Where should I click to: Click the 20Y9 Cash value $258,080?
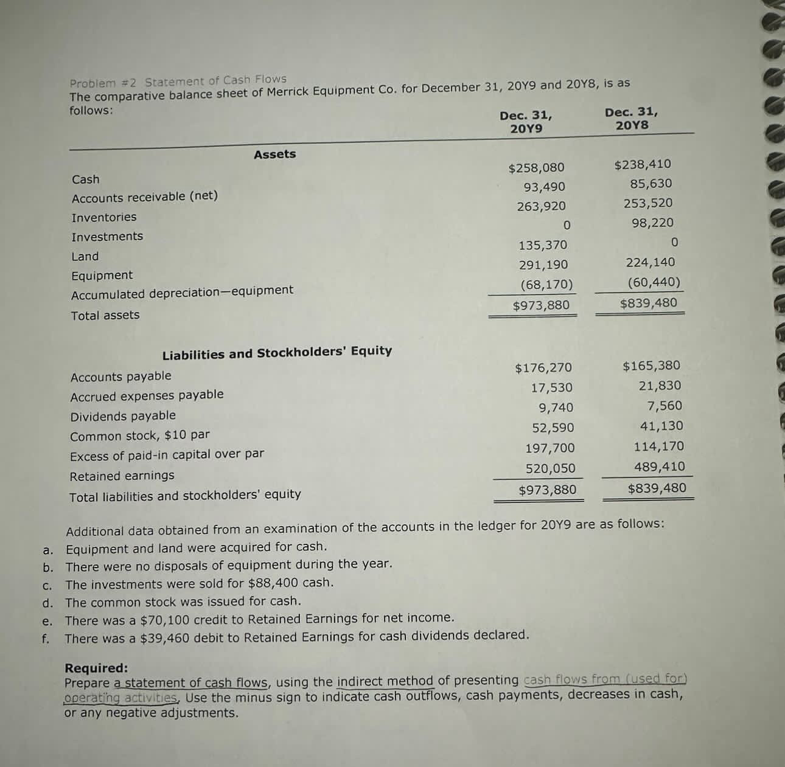pyautogui.click(x=536, y=167)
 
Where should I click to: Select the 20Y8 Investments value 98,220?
pyautogui.click(x=652, y=223)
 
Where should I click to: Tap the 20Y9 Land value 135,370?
pyautogui.click(x=542, y=245)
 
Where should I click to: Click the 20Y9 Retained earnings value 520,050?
pyautogui.click(x=550, y=468)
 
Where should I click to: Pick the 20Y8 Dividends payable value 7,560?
pyautogui.click(x=664, y=406)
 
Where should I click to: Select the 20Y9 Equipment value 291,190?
pyautogui.click(x=543, y=265)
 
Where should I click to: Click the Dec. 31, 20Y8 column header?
pyautogui.click(x=631, y=119)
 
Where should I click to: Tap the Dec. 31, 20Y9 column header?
pyautogui.click(x=526, y=122)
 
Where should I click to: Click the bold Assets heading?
pyautogui.click(x=274, y=154)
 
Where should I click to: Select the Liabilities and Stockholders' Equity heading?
pyautogui.click(x=277, y=352)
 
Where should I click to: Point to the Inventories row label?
pyautogui.click(x=104, y=217)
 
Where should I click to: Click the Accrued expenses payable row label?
pyautogui.click(x=147, y=395)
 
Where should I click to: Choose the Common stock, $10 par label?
pyautogui.click(x=139, y=436)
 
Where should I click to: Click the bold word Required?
pyautogui.click(x=96, y=667)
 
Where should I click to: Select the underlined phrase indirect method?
pyautogui.click(x=385, y=681)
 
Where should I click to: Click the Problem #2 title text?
pyautogui.click(x=178, y=81)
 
